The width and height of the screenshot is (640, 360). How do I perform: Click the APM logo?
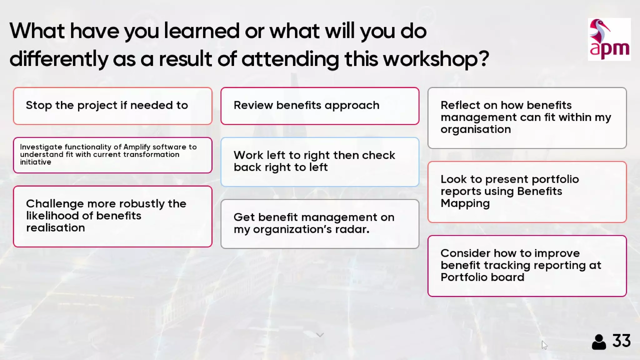click(609, 39)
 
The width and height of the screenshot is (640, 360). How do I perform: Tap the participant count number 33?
click(621, 341)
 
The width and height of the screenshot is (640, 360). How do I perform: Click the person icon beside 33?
click(599, 342)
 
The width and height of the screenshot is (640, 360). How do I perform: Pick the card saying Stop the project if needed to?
click(112, 106)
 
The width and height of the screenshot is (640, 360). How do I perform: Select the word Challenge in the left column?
click(55, 204)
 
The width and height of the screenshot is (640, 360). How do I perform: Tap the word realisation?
click(55, 228)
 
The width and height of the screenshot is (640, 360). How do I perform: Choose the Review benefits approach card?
click(320, 106)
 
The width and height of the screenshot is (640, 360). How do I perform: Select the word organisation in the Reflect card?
click(476, 129)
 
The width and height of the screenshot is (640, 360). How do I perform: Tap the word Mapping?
click(465, 203)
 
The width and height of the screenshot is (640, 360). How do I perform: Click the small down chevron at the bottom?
click(320, 335)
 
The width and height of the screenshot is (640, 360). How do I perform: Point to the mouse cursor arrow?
click(544, 345)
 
